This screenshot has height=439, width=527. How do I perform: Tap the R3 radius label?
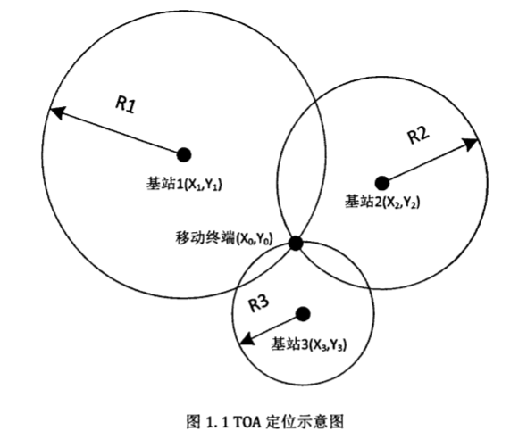[258, 303]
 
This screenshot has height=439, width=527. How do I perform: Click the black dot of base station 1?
[184, 154]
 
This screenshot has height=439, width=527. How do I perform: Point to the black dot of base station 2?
[381, 183]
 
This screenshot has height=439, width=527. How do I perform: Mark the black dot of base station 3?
[303, 314]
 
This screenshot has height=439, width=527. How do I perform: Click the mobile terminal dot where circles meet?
[296, 243]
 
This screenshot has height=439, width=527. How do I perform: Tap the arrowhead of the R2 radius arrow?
[470, 144]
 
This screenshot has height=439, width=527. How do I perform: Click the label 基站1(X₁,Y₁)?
[184, 184]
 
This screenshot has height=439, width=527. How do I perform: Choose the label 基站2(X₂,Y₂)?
[382, 202]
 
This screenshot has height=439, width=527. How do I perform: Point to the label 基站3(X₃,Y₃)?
[308, 344]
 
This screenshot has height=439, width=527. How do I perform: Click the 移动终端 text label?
[205, 238]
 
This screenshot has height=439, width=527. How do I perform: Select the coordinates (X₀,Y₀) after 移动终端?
[254, 239]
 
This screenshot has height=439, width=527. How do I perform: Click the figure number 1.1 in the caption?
[216, 422]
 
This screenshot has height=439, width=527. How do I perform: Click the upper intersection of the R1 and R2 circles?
[315, 101]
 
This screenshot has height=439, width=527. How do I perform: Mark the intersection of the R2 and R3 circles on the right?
[369, 288]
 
